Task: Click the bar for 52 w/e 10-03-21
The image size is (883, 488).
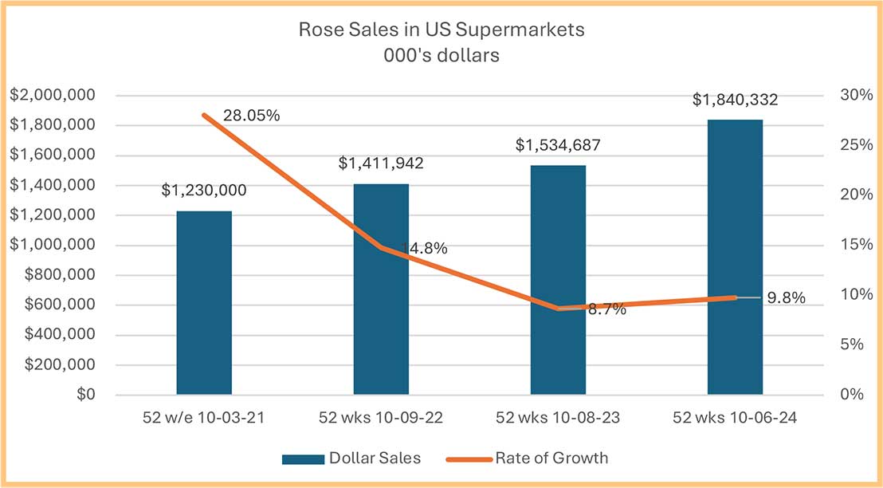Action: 204,303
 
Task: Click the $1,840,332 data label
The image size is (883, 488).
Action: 735,100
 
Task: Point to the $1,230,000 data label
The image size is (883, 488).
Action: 204,191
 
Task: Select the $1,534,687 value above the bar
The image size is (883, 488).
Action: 558,145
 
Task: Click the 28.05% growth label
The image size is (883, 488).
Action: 251,116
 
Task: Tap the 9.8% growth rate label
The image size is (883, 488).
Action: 785,298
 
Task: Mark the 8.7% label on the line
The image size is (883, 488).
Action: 606,309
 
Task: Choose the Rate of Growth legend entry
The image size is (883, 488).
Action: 551,458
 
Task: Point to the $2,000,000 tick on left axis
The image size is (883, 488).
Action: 53,96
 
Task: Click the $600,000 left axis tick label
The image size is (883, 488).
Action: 61,305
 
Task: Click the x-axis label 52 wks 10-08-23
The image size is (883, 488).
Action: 558,418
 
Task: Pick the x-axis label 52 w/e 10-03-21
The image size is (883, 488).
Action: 204,418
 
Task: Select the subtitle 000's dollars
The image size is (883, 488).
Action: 441,55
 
